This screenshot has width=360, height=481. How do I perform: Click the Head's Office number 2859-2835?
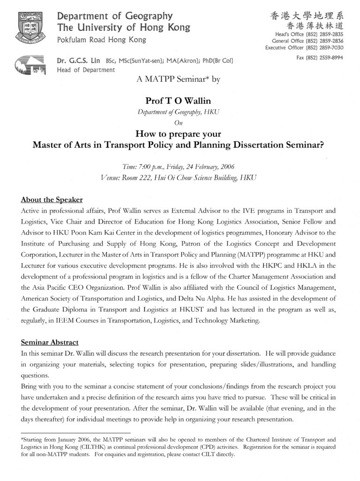pos(331,34)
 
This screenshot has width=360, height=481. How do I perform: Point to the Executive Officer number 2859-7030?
pos(331,47)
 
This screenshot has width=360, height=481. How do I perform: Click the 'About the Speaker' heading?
pos(52,199)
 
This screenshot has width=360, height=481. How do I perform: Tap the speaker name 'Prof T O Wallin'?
pos(178,101)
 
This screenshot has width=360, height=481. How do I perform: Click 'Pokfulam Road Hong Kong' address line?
pos(101,40)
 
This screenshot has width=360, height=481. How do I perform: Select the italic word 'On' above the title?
pos(178,123)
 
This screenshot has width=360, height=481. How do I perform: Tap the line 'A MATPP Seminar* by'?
pos(178,79)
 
